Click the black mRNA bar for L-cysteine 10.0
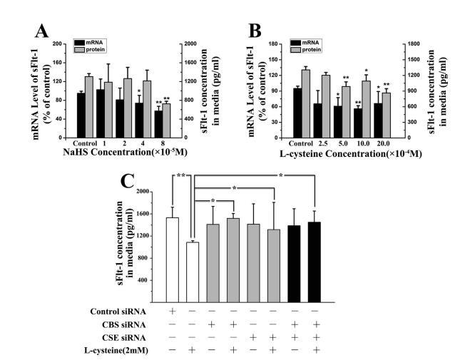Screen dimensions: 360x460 click(x=357, y=123)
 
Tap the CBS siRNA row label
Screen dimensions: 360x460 click(x=129, y=324)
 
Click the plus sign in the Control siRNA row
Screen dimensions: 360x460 click(x=172, y=312)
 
